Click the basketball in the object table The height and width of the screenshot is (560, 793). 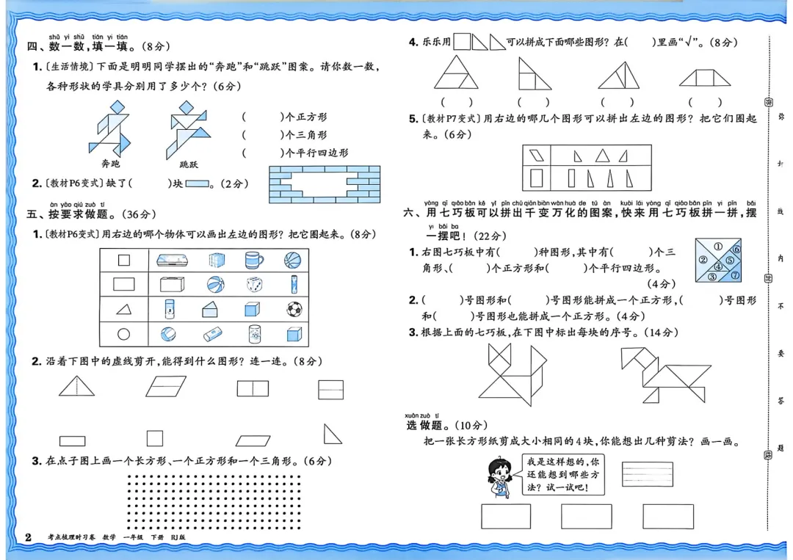point(292,260)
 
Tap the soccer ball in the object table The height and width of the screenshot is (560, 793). point(294,309)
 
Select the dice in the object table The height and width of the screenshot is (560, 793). point(254,284)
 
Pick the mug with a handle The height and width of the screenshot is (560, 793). point(255,260)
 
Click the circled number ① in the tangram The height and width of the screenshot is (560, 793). point(717,247)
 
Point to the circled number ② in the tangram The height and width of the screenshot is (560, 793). point(703,260)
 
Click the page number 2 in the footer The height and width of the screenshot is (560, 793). point(28,537)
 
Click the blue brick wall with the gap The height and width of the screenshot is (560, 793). point(325,183)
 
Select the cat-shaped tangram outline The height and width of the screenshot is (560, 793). point(513,374)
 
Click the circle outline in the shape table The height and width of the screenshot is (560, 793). point(123,334)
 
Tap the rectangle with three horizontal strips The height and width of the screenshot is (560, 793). point(647,473)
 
